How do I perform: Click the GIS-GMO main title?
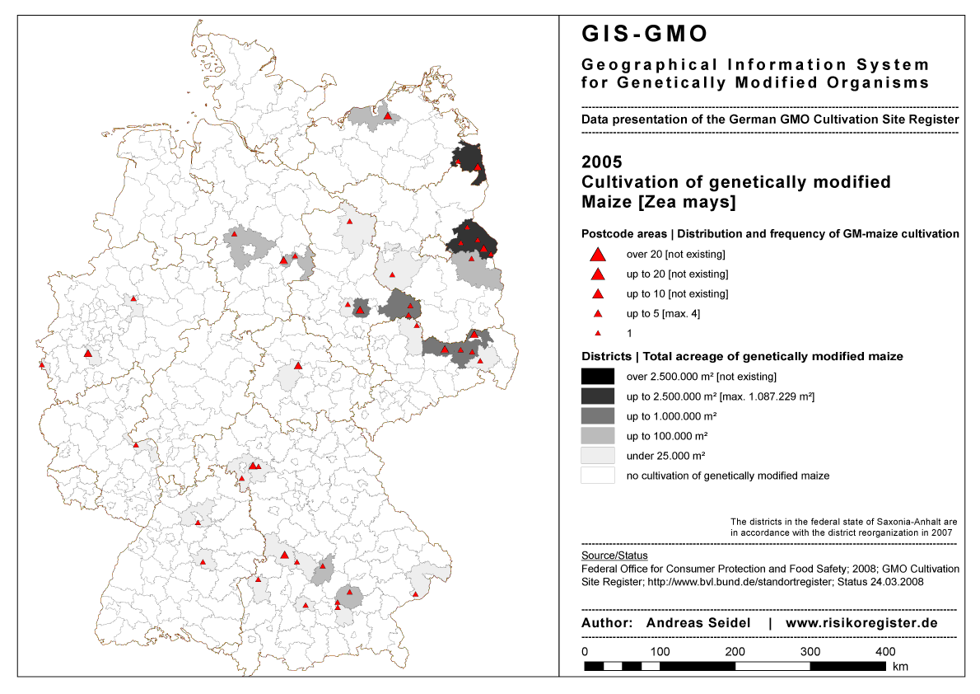click(644, 34)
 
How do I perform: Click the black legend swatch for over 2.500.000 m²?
click(598, 377)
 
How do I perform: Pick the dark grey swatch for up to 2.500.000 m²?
click(598, 396)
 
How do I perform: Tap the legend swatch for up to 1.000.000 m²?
click(598, 416)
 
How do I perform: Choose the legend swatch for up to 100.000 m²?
click(598, 436)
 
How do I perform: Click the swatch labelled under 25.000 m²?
click(598, 456)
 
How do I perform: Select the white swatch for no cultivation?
click(598, 476)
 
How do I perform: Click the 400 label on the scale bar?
click(885, 651)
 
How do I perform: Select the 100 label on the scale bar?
click(660, 651)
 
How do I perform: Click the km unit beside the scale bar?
click(900, 667)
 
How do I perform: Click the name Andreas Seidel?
click(698, 623)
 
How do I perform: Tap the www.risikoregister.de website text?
click(861, 623)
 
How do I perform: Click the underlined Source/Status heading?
click(614, 556)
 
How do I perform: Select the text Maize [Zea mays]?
click(658, 202)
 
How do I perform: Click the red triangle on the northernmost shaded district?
click(387, 116)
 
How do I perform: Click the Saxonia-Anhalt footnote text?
click(843, 528)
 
